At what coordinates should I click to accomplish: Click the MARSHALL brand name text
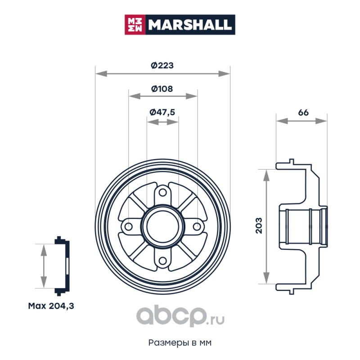tap(189, 25)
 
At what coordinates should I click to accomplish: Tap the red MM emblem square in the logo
tap(135, 25)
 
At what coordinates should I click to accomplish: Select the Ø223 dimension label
tap(162, 65)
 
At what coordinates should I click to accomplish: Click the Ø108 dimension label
tap(162, 89)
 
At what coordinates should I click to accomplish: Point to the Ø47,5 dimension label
tap(162, 112)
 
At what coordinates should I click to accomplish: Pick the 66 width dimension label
tap(303, 112)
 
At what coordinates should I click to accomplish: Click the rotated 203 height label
tap(259, 225)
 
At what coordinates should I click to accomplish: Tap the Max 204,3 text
tap(51, 306)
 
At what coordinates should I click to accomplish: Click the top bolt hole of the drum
tap(162, 193)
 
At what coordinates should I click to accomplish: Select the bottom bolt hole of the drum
tap(162, 261)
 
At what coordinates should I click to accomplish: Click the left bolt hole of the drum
tap(128, 227)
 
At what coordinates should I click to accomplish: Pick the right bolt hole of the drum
tap(197, 227)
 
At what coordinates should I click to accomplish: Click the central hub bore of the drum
tap(162, 227)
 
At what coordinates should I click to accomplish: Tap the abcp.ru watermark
tap(180, 316)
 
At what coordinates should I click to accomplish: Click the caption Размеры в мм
tap(180, 342)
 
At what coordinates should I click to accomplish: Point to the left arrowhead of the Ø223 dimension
tap(101, 74)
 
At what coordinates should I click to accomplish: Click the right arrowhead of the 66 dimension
tap(321, 121)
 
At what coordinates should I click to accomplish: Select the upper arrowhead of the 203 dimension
tap(266, 175)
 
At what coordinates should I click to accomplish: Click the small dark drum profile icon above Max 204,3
tap(62, 266)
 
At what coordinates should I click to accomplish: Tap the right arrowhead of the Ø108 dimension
tap(192, 96)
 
